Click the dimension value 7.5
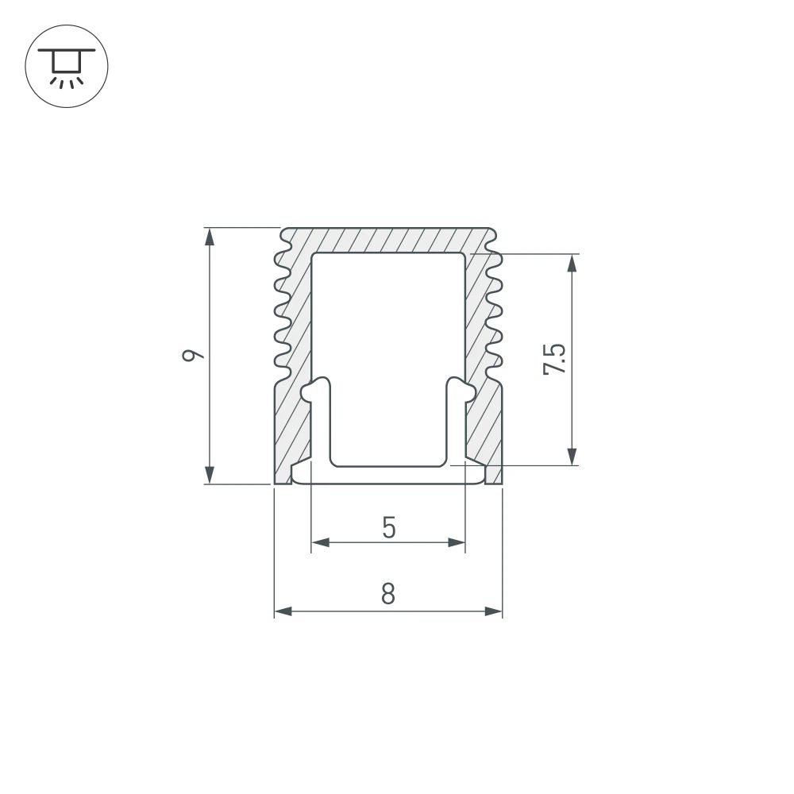(x=556, y=359)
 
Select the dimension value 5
(x=388, y=527)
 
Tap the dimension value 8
(x=387, y=594)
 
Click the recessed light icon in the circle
(x=67, y=67)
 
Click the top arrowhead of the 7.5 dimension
(x=572, y=263)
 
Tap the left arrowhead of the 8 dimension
(x=283, y=611)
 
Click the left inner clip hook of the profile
(x=317, y=390)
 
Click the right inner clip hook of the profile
(x=460, y=390)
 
